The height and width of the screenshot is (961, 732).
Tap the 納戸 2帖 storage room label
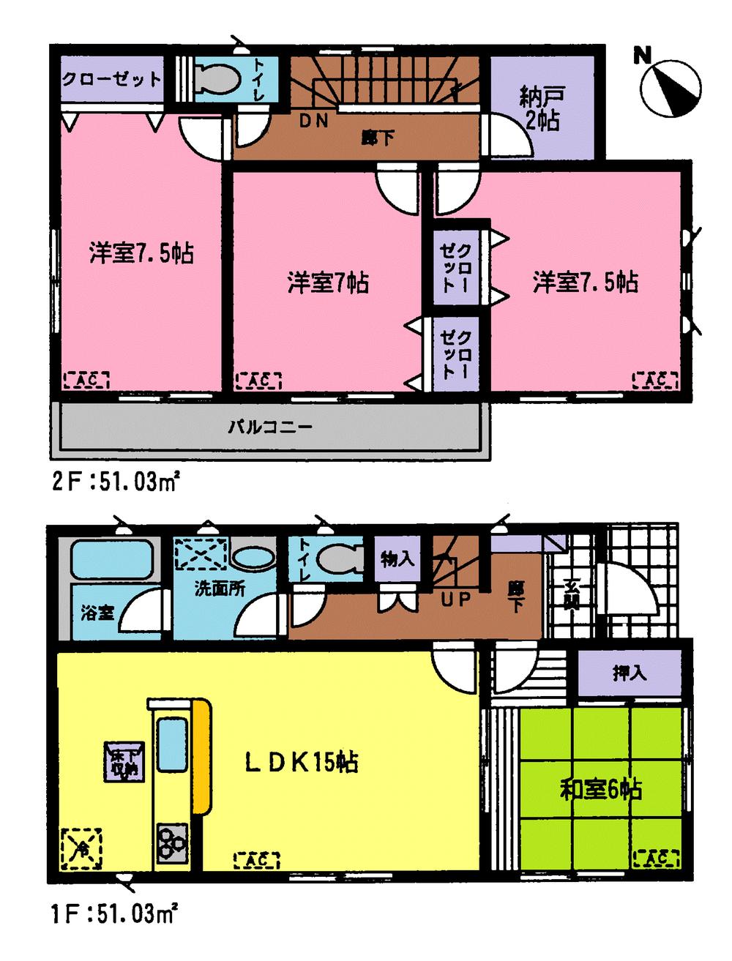tap(541, 108)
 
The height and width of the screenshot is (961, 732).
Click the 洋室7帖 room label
tap(327, 282)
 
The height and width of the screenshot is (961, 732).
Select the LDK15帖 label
tap(301, 763)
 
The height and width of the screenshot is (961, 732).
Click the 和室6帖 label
tap(601, 790)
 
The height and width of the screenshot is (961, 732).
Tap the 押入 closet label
tap(630, 673)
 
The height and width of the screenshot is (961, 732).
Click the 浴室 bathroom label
tap(97, 612)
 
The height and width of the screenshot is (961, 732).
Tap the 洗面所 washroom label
tap(220, 588)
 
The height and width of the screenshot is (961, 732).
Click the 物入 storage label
tap(397, 560)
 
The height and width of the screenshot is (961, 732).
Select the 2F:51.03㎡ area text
tap(116, 482)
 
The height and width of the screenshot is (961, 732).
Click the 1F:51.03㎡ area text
tap(115, 914)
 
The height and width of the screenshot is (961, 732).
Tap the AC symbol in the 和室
tap(655, 857)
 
